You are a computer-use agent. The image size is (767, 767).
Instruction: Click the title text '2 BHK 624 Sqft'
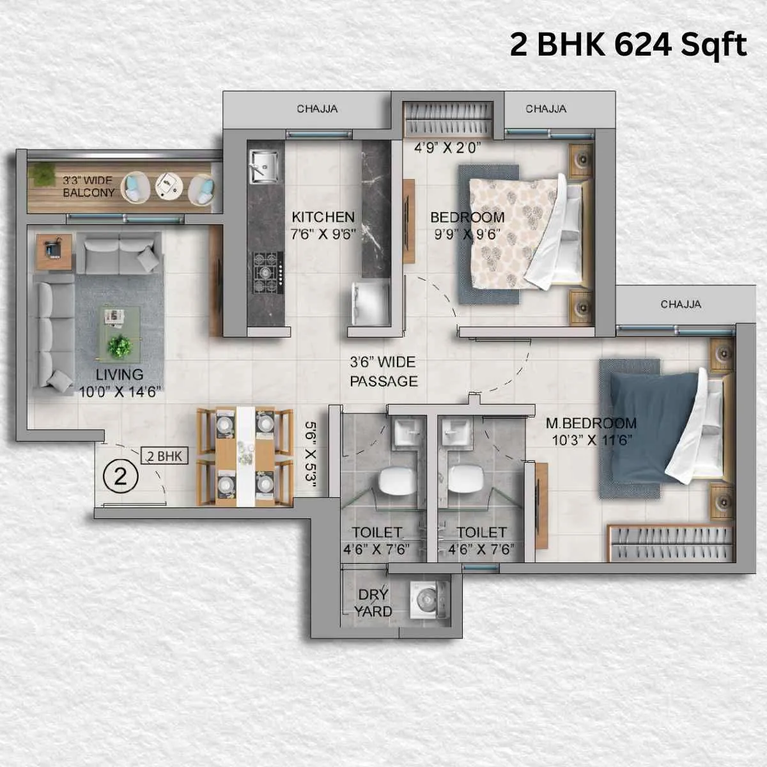pyautogui.click(x=628, y=45)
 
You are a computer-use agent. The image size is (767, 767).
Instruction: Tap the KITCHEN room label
pyautogui.click(x=323, y=217)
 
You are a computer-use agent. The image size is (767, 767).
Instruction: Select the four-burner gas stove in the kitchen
pyautogui.click(x=268, y=271)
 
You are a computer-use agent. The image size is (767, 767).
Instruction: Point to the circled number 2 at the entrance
pyautogui.click(x=121, y=476)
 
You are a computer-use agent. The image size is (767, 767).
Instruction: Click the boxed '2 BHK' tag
pyautogui.click(x=164, y=456)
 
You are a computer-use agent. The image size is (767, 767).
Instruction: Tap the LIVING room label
pyautogui.click(x=120, y=375)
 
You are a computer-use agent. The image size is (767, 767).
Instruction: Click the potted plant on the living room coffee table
pyautogui.click(x=120, y=347)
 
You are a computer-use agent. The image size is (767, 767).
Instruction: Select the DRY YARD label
pyautogui.click(x=373, y=603)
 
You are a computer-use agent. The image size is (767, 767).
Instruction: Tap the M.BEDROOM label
pyautogui.click(x=591, y=423)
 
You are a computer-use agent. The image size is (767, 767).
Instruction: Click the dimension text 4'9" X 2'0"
pyautogui.click(x=447, y=148)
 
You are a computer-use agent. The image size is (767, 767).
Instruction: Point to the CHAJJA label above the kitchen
pyautogui.click(x=317, y=109)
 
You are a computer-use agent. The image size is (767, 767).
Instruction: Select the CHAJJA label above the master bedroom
pyautogui.click(x=680, y=304)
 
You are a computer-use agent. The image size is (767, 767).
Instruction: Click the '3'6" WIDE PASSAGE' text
pyautogui.click(x=383, y=371)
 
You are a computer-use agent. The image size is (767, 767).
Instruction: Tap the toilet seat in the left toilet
pyautogui.click(x=396, y=480)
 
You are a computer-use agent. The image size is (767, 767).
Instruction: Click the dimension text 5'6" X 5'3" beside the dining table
pyautogui.click(x=311, y=453)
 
